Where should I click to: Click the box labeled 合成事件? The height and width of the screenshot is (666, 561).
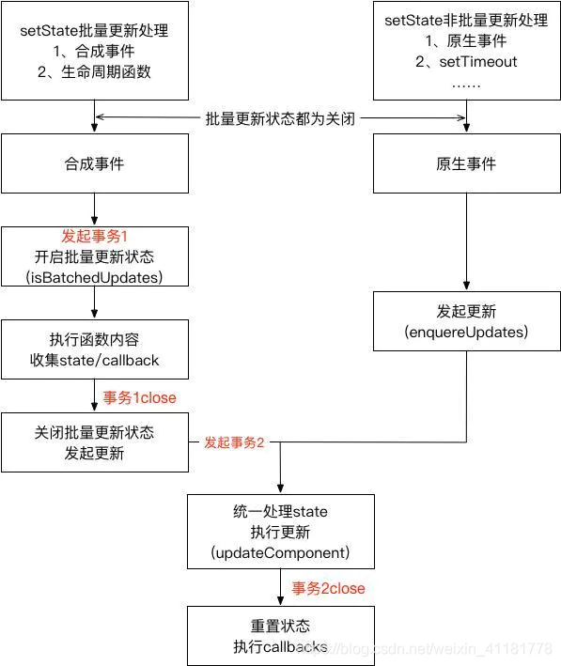click(x=94, y=164)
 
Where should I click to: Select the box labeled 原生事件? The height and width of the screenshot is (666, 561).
click(x=466, y=164)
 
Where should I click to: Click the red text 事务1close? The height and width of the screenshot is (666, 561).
click(x=140, y=397)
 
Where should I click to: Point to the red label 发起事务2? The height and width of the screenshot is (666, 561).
click(x=234, y=441)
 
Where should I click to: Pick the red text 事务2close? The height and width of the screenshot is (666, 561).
click(x=328, y=588)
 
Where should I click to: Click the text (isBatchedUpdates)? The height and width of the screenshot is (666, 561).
click(x=94, y=276)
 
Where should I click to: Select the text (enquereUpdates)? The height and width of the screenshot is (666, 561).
click(x=467, y=333)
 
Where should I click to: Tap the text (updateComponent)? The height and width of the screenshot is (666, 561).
click(x=281, y=551)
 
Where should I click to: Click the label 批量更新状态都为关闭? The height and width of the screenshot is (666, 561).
click(x=280, y=118)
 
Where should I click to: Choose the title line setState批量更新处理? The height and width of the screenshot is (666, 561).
click(x=94, y=31)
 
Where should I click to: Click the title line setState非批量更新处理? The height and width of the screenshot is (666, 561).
click(x=466, y=20)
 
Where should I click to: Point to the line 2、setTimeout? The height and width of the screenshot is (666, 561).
click(x=466, y=62)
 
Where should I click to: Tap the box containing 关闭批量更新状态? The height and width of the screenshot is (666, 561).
click(x=94, y=441)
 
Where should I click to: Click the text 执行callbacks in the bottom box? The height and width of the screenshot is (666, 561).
click(x=281, y=646)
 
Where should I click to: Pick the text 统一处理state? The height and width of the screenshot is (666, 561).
click(x=281, y=511)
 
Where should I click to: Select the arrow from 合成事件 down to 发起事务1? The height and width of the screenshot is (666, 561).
click(x=94, y=210)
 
